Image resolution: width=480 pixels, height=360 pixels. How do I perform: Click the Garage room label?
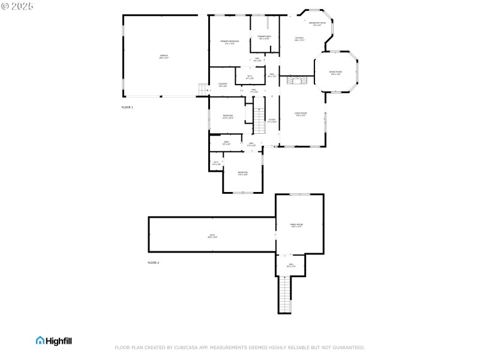tap(163, 56)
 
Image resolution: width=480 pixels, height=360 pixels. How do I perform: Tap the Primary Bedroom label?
tap(229, 42)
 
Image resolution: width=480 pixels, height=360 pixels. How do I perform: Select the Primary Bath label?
tap(265, 38)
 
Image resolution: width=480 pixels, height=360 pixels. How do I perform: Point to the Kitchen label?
tap(299, 39)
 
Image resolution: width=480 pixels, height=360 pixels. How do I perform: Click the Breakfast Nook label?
tap(317, 24)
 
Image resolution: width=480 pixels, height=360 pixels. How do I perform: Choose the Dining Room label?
tap(335, 73)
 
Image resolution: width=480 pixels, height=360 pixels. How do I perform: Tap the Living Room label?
tap(301, 114)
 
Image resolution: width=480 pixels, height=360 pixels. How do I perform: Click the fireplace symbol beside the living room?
tap(295, 80)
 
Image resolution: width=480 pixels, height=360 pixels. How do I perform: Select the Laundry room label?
tap(223, 85)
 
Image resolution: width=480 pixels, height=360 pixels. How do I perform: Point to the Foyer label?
tap(272, 121)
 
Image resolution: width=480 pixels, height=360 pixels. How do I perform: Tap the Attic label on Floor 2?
tap(212, 236)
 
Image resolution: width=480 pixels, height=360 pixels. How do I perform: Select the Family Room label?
tap(296, 226)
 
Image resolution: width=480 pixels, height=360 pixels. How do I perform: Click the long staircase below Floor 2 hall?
tap(284, 294)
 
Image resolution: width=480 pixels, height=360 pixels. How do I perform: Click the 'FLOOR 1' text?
tap(127, 107)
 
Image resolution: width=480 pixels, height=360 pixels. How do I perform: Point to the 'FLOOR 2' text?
tap(154, 263)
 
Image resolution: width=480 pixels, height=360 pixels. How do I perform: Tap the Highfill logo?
tap(54, 340)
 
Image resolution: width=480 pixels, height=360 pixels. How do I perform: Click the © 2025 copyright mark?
tap(17, 6)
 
